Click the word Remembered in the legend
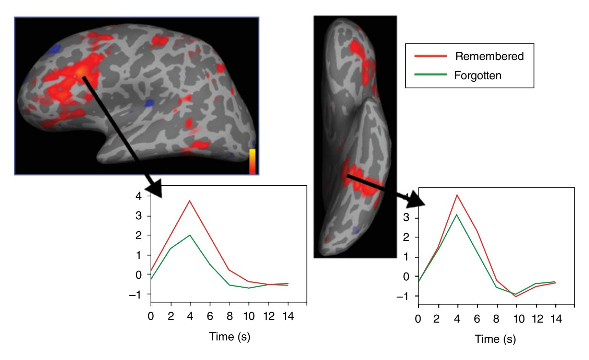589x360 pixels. coord(490,57)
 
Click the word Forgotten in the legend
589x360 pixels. coord(478,75)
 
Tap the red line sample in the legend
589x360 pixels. coord(431,56)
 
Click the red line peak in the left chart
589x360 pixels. coord(190,201)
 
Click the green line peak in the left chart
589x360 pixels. coord(190,235)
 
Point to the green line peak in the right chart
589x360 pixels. coord(457,214)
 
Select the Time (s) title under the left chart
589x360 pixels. coord(230,336)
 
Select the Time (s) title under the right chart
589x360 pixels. coord(495,339)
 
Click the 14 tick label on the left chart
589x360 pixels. coord(288,316)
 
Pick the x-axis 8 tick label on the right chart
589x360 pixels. coord(496,319)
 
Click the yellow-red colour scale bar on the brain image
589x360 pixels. coord(252,161)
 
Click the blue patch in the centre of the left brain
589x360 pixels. coord(149,103)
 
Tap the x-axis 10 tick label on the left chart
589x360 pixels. coord(249,316)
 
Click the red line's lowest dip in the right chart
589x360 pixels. coord(516,297)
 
